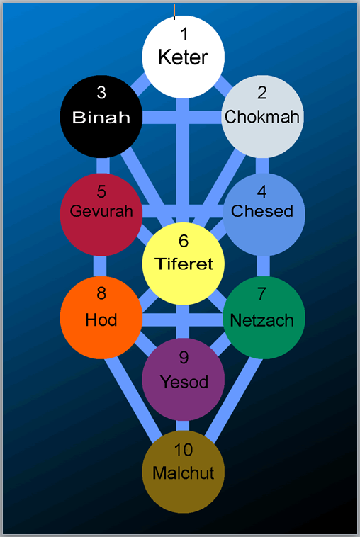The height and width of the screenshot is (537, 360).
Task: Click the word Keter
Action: point(183,57)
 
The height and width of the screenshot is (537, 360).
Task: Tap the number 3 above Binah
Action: point(101,93)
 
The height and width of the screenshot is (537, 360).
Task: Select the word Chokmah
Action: point(262,117)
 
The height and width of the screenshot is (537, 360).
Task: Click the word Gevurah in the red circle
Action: point(101,210)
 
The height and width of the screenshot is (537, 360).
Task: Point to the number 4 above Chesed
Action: point(262,192)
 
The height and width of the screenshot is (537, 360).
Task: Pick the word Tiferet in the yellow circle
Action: point(184,264)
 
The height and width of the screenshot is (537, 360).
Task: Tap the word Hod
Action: point(101,320)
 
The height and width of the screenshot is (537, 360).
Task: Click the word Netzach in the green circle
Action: point(262,321)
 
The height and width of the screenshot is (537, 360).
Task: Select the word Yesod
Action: point(184,382)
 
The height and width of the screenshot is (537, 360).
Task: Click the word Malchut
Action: point(184,473)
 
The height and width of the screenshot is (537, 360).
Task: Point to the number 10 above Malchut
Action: point(184,450)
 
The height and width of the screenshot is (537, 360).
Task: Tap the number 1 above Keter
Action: point(184,34)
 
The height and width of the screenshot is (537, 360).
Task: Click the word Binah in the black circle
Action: point(101,118)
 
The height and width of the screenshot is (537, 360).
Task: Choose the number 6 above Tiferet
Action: point(184,241)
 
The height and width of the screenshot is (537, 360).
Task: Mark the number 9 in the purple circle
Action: point(184,358)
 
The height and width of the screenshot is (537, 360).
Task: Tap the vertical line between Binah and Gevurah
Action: point(103,166)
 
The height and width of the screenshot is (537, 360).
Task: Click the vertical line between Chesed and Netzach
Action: point(263,266)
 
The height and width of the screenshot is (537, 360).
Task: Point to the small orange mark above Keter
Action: point(174,11)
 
